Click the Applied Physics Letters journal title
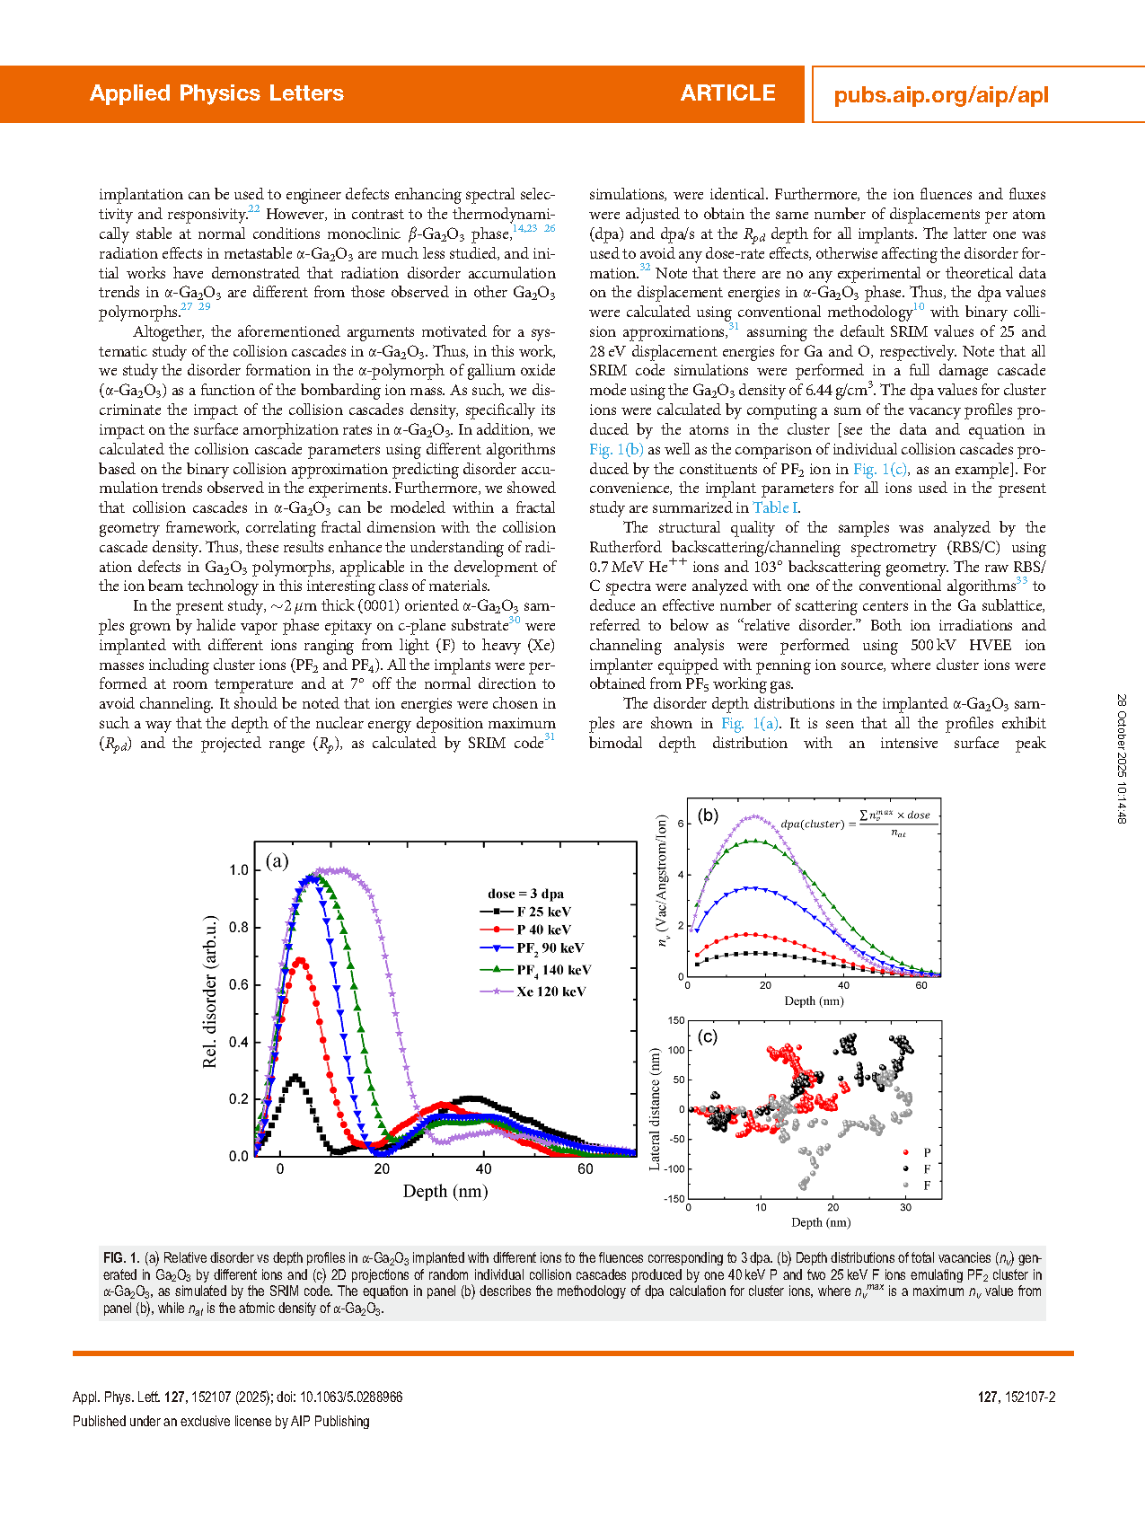[x=216, y=93]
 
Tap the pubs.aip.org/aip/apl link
[x=941, y=95]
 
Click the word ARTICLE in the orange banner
[x=727, y=93]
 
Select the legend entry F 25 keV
[x=543, y=912]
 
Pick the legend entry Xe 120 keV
[x=550, y=992]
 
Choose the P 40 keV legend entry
[x=543, y=930]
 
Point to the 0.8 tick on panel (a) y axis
[x=238, y=928]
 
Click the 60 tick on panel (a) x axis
[x=586, y=1169]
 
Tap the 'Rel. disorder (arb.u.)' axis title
[x=211, y=992]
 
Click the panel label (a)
[x=277, y=861]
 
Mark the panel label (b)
[x=708, y=815]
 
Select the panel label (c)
[x=708, y=1036]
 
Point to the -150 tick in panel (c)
[x=674, y=1198]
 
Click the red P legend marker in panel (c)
[x=905, y=1152]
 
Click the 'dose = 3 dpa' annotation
[x=525, y=894]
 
